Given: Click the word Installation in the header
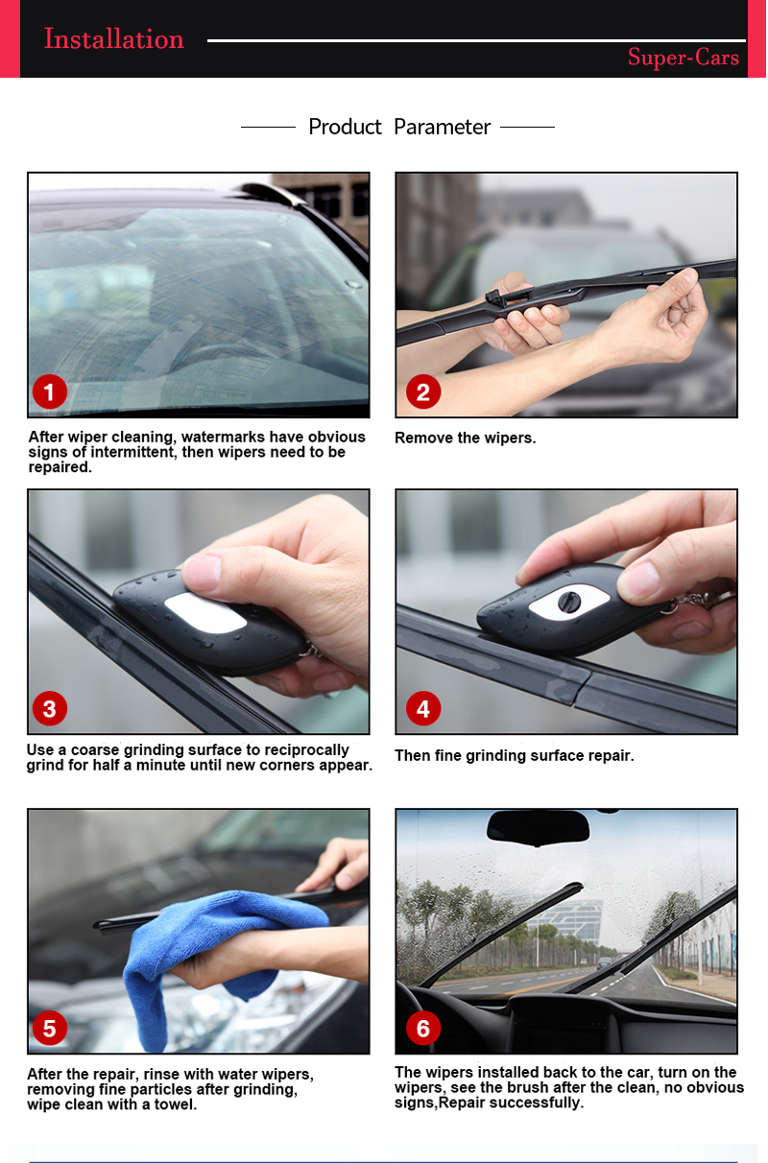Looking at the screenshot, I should pos(113,39).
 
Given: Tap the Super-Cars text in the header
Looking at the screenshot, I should pos(683,58).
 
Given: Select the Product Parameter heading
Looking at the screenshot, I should pos(398,127).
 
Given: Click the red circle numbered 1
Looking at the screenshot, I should pos(49,392).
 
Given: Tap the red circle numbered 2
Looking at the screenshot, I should pos(422,392).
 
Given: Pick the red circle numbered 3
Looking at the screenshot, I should pos(49,709).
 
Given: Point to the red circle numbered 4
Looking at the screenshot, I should pos(422,709).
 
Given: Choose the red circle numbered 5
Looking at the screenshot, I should pos(49,1029).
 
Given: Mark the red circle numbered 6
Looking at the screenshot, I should pos(422,1029).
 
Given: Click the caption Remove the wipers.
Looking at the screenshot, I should pos(465,438).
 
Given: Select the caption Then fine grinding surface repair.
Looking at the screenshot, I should pos(514,755).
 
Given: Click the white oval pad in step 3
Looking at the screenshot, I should pos(206,612).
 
